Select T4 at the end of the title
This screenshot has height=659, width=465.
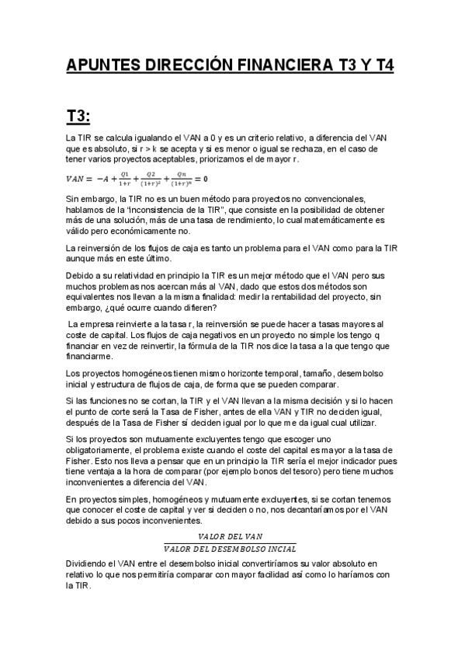[x=383, y=66]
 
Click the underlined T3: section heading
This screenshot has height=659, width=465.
[x=78, y=117]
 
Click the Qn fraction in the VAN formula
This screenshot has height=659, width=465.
[x=181, y=179]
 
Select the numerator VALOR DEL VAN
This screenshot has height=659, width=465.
[x=231, y=536]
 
